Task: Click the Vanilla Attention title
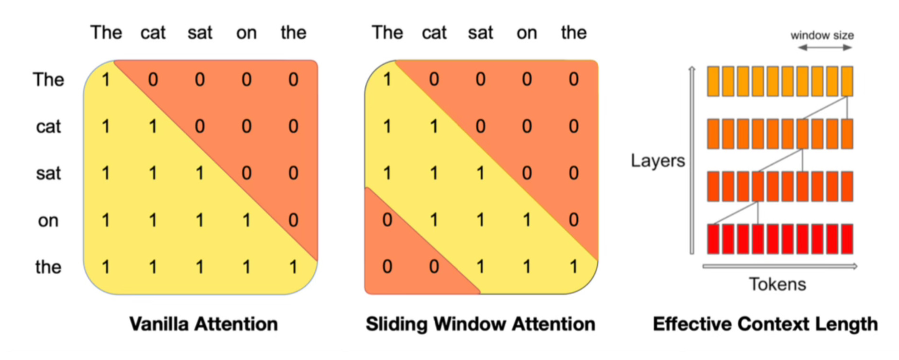pos(203,324)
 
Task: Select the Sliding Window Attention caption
pos(480,324)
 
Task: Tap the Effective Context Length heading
pos(765,324)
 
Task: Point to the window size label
pos(822,35)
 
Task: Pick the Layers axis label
pos(658,160)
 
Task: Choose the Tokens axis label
pos(777,285)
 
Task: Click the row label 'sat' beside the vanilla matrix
pos(48,174)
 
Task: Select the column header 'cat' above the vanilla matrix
pos(153,33)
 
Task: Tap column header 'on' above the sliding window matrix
pos(527,33)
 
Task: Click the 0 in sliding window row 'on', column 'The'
pos(387,221)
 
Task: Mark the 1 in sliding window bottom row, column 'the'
pos(574,267)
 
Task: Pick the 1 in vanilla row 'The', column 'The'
pos(106,79)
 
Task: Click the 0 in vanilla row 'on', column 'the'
pos(293,221)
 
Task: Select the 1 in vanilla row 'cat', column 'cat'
pos(153,126)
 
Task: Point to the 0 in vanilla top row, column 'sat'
pos(199,79)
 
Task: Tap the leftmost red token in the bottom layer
pos(713,238)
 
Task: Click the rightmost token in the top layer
pos(847,81)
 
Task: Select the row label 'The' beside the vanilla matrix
pos(48,79)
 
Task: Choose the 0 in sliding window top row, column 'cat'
pos(434,79)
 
